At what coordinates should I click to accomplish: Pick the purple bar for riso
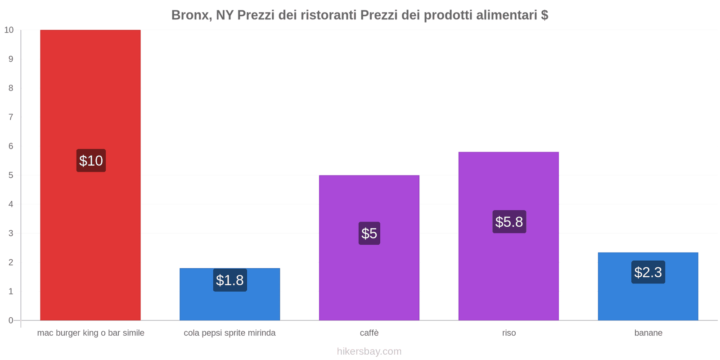[x=508, y=270]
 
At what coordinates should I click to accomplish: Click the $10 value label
[x=91, y=161]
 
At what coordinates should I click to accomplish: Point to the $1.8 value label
[x=230, y=280]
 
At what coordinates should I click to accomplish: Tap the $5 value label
[x=369, y=233]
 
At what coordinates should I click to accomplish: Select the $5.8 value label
[x=509, y=221]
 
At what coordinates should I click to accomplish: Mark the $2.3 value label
[x=648, y=272]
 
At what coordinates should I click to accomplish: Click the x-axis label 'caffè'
[x=369, y=333]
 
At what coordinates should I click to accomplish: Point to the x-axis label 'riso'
[x=509, y=333]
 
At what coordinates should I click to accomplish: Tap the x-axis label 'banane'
[x=648, y=333]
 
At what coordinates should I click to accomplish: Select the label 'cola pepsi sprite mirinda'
[x=229, y=333]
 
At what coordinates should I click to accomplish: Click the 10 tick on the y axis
[x=9, y=30]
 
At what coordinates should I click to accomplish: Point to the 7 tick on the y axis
[x=11, y=117]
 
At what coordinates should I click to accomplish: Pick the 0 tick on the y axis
[x=11, y=320]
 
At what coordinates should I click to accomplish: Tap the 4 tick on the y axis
[x=11, y=204]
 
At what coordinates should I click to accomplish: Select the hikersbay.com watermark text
[x=369, y=351]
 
